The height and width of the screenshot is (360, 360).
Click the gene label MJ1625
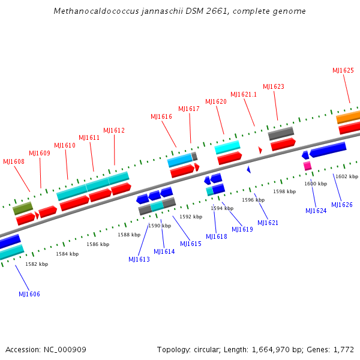click(x=343, y=70)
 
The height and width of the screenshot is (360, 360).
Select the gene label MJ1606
click(x=29, y=294)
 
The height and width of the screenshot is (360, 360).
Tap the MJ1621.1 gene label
click(x=244, y=94)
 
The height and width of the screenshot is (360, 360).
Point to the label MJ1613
click(x=139, y=259)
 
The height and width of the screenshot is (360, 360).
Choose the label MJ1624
click(x=316, y=211)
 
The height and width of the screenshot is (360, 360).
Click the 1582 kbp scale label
click(x=37, y=264)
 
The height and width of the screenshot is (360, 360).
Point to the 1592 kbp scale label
click(x=191, y=217)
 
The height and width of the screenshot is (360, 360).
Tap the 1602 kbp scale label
click(x=346, y=176)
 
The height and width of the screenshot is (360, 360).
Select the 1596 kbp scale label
click(x=253, y=200)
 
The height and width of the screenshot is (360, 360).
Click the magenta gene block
click(x=307, y=166)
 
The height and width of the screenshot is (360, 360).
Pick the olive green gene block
click(x=23, y=208)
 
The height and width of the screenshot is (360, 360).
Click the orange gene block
click(x=349, y=117)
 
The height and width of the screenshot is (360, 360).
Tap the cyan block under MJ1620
click(x=227, y=147)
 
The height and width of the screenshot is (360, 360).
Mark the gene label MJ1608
click(x=14, y=161)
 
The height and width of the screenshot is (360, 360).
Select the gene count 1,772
click(x=343, y=349)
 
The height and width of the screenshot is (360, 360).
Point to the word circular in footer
click(x=209, y=349)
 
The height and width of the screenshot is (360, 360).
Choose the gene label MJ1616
click(x=161, y=116)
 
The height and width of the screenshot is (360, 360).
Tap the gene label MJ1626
click(x=342, y=205)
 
